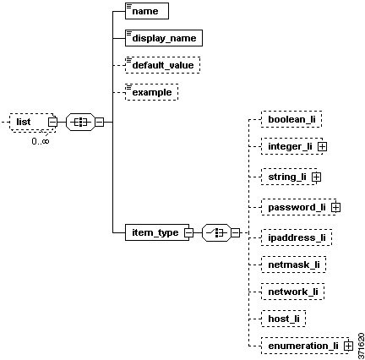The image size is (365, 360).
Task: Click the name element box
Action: click(x=146, y=12)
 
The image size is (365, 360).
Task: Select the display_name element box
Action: click(x=163, y=38)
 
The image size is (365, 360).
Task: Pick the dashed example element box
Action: click(x=151, y=91)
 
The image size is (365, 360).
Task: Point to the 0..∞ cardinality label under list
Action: click(x=40, y=140)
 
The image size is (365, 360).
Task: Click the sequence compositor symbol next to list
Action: click(x=82, y=122)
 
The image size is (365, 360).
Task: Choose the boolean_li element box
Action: click(x=290, y=119)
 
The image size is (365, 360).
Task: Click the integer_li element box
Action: click(x=289, y=146)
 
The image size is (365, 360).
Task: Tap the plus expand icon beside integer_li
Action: click(x=323, y=147)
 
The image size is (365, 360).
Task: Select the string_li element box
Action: click(x=286, y=177)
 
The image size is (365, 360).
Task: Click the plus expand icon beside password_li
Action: click(x=335, y=206)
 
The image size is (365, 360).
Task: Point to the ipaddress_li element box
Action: click(x=296, y=237)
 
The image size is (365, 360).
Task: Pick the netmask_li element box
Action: click(x=292, y=265)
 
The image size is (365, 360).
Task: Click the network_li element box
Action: click(x=292, y=291)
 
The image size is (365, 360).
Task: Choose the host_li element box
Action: click(x=283, y=318)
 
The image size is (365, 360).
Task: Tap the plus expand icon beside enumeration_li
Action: click(x=347, y=346)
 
